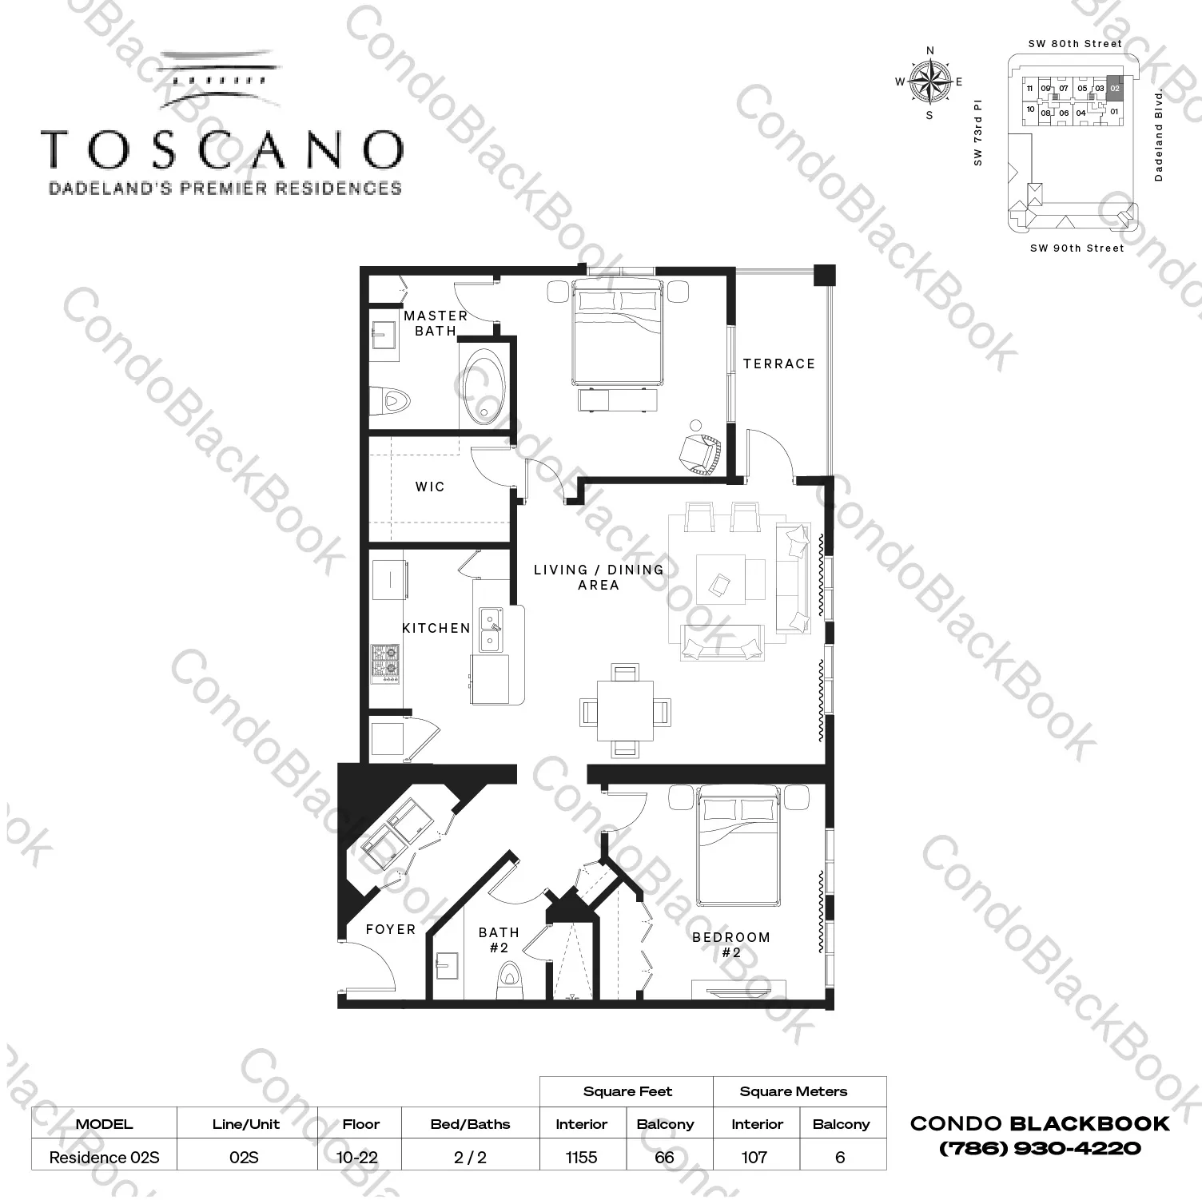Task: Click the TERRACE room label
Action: [x=778, y=364]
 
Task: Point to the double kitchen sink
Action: [x=491, y=630]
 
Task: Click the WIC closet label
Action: [x=429, y=487]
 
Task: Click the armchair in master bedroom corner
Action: [x=701, y=452]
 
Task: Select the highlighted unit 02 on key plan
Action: [x=1115, y=88]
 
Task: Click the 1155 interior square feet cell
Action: [x=581, y=1157]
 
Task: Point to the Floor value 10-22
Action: [x=358, y=1157]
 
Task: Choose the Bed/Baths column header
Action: [x=470, y=1124]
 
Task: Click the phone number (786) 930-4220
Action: [x=1040, y=1148]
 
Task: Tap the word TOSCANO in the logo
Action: [x=222, y=149]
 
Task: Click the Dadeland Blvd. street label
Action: [x=1159, y=136]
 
